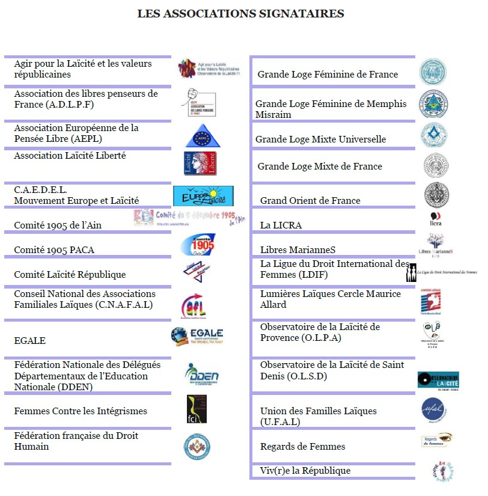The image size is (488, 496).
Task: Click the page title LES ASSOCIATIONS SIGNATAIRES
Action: coord(240,13)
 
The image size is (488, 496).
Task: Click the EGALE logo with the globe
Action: coord(197,336)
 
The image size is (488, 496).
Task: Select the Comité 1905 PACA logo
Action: coord(198,245)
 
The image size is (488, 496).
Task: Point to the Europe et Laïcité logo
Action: coord(203,196)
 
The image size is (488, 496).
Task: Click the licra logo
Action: coord(436,219)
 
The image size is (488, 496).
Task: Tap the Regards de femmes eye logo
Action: coord(437,441)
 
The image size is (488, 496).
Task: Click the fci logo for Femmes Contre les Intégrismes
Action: coord(197,409)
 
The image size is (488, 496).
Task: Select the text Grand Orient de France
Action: coord(310,201)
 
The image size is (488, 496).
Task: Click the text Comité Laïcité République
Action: coord(70,275)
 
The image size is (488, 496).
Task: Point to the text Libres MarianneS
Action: coord(297,250)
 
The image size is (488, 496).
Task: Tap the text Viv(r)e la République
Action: coord(305,471)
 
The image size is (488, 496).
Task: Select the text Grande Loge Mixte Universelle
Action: coord(320,139)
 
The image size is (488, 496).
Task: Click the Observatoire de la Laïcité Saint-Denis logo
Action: coord(438,381)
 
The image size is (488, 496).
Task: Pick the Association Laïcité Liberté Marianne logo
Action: coord(200,163)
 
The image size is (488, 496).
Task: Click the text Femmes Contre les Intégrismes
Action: coord(81,411)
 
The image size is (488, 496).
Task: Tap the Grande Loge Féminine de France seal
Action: coord(433,72)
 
